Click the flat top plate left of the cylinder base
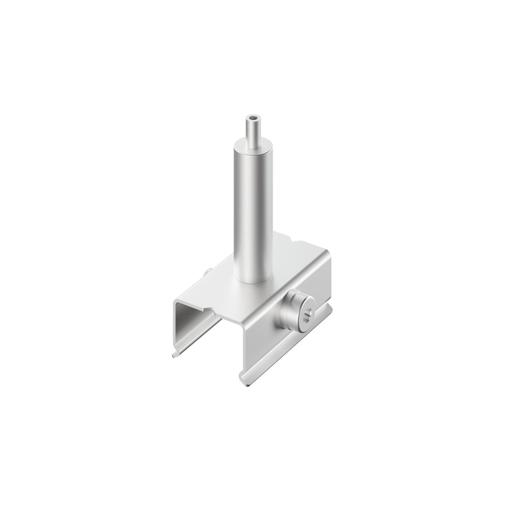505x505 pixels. pos(219,286)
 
